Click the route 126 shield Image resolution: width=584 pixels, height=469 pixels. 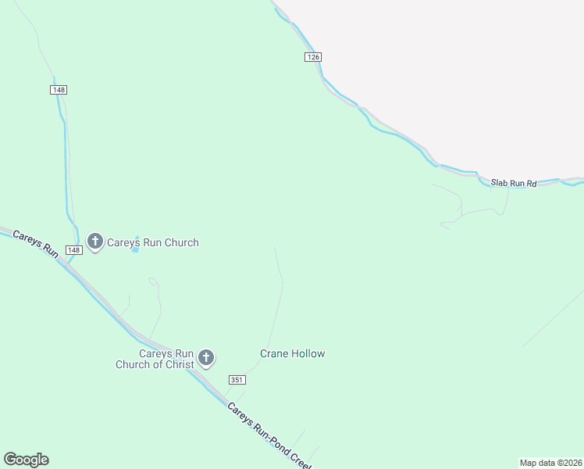[313, 57]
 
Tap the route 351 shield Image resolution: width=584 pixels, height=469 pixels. [237, 380]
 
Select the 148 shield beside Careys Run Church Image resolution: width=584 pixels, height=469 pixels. [73, 250]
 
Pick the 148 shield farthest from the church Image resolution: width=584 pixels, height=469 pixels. [59, 90]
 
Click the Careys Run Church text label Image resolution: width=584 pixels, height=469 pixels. [153, 242]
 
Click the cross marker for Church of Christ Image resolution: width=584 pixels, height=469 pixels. [206, 358]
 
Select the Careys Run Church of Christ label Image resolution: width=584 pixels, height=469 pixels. [155, 359]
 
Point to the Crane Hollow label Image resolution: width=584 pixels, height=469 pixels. [292, 353]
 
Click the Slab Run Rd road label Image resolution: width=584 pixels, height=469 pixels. [514, 184]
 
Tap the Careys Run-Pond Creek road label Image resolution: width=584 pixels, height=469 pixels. [269, 436]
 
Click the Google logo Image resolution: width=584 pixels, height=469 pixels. [26, 460]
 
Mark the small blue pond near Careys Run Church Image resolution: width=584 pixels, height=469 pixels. [136, 244]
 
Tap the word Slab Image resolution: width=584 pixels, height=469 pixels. [498, 183]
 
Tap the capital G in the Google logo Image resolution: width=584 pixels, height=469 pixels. [9, 460]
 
